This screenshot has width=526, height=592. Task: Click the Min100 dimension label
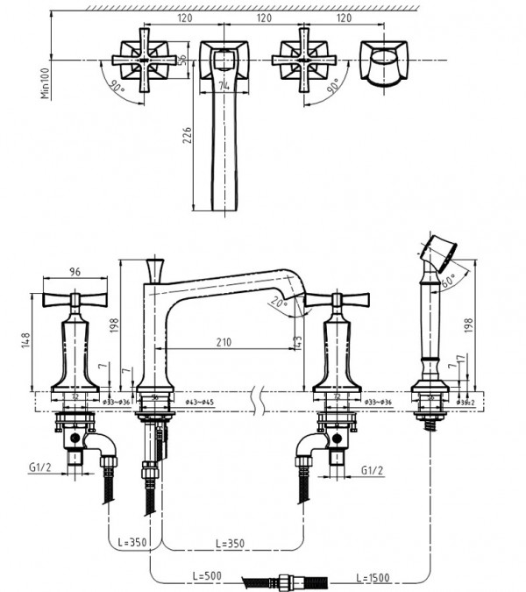pyautogui.click(x=45, y=80)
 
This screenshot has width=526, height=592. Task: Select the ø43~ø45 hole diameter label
pyautogui.click(x=197, y=403)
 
